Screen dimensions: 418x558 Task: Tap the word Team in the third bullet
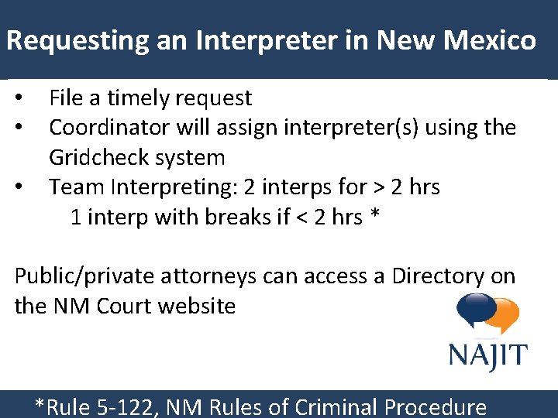coord(73,187)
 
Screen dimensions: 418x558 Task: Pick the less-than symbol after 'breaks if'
coord(303,218)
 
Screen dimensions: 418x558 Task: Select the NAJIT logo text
coord(487,357)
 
